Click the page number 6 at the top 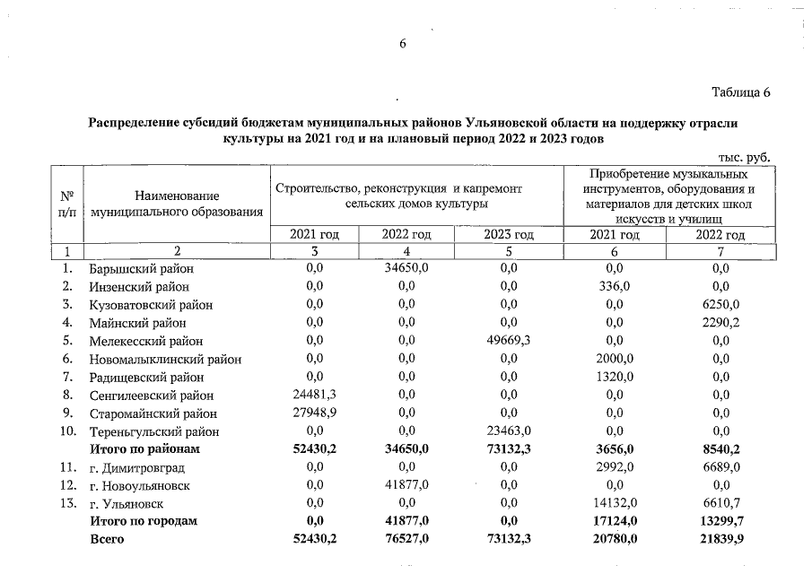(x=404, y=45)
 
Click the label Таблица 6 (x=741, y=92)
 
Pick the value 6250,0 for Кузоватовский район (x=721, y=305)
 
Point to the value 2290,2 (x=721, y=323)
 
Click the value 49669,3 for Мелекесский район (x=508, y=341)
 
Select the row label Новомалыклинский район (x=165, y=360)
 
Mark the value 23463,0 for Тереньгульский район (x=508, y=431)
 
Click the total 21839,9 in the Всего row (x=721, y=539)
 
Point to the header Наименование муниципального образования (x=177, y=204)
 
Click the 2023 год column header (x=509, y=235)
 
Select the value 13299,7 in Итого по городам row (x=721, y=521)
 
